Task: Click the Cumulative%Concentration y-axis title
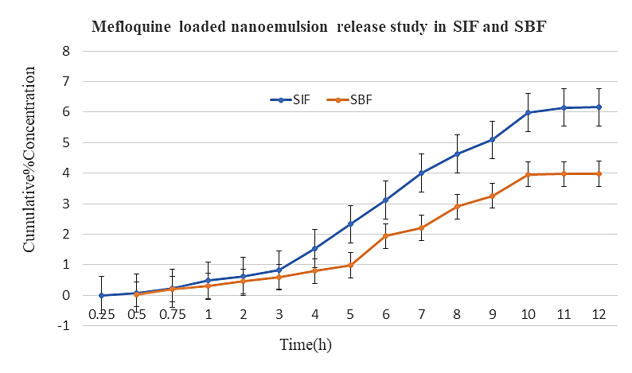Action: coord(30,160)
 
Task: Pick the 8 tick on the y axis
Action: coord(67,51)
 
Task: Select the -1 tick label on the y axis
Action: coord(65,325)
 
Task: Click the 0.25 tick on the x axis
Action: coord(101,313)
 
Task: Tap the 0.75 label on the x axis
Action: coord(172,313)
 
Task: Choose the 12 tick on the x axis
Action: coord(599,313)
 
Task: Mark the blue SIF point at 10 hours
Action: coord(528,112)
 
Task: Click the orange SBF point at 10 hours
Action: coord(528,174)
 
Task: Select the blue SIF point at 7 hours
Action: coord(421,173)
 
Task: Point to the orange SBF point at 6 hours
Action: coord(385,235)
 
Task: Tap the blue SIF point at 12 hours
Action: coord(599,107)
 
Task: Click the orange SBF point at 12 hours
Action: coord(599,173)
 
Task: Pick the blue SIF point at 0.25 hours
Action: coord(101,295)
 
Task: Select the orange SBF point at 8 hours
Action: coord(457,206)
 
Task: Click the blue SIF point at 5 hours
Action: coord(350,223)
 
